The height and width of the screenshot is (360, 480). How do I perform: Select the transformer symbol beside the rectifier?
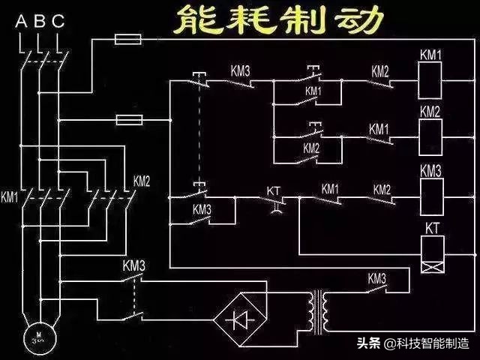tap(320, 309)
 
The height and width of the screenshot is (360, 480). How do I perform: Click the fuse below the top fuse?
tap(127, 120)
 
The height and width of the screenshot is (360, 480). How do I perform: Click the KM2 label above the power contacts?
tap(142, 181)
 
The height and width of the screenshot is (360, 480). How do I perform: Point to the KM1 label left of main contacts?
tap(10, 198)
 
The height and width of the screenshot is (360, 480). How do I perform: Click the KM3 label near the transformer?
tap(376, 277)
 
